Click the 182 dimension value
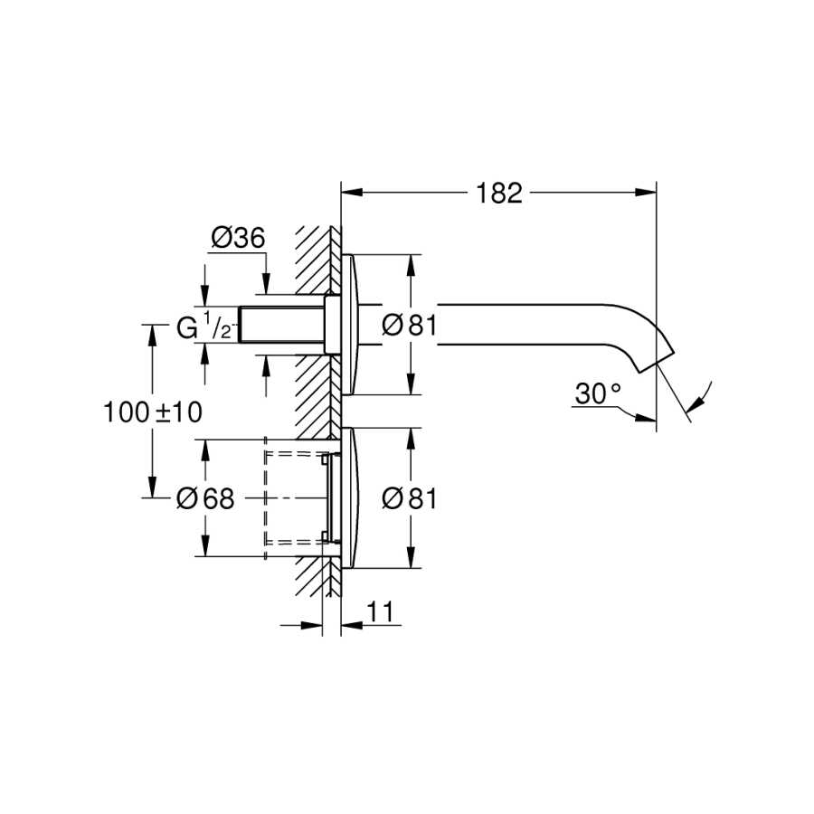[499, 194]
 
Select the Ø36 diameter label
[238, 238]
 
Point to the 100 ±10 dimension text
[153, 412]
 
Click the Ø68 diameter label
[205, 498]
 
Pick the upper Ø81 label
[410, 326]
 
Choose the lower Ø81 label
[410, 499]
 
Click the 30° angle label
[598, 393]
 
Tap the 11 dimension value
[380, 612]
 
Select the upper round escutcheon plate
[349, 325]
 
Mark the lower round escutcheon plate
[349, 498]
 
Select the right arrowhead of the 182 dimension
[646, 193]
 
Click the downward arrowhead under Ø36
[266, 284]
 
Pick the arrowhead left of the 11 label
[311, 625]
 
